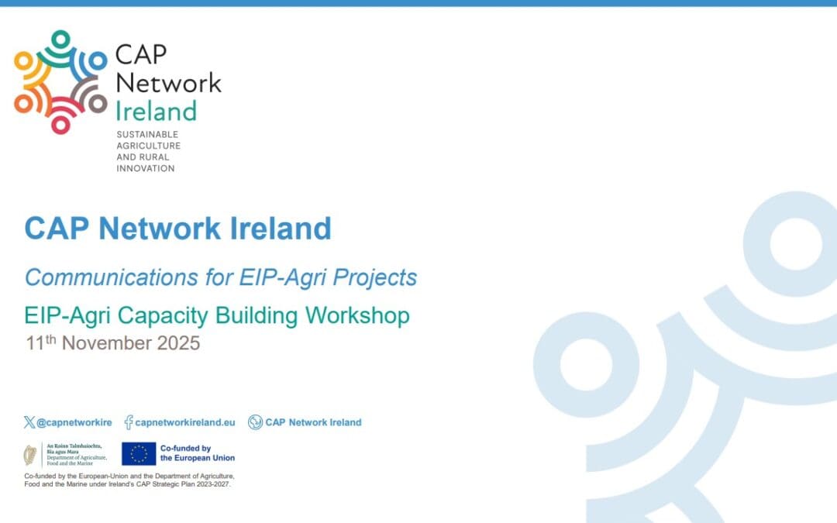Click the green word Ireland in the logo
(x=155, y=111)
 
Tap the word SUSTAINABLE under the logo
(x=147, y=134)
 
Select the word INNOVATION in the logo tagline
(x=145, y=168)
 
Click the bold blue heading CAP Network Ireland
(x=177, y=229)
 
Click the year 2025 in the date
(x=178, y=343)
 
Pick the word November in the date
(x=107, y=343)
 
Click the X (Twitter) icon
(x=29, y=422)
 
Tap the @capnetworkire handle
(x=74, y=422)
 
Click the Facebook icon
(x=128, y=422)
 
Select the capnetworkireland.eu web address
(x=184, y=422)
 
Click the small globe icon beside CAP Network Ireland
(x=255, y=422)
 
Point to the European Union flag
(x=139, y=453)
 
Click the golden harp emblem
(x=30, y=454)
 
